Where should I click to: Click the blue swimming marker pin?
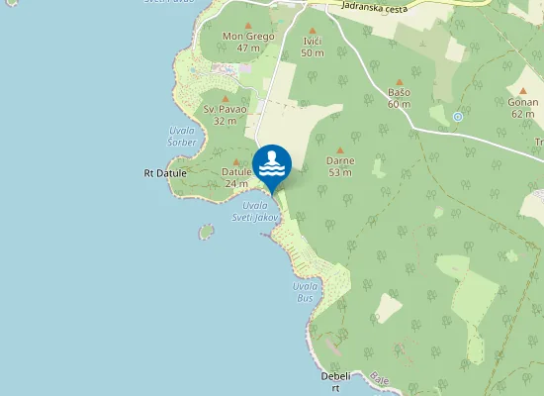coord(271,165)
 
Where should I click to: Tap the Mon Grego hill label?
coord(247,42)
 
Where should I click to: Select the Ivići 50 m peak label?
coord(313,47)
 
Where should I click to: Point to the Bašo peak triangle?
coord(400,83)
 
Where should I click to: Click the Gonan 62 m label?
coord(523,108)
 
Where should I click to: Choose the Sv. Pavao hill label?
coord(226,114)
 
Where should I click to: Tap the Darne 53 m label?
coord(340,165)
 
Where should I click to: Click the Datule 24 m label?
coord(236,176)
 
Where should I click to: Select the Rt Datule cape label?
coord(163,173)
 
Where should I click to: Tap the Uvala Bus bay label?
coord(305,291)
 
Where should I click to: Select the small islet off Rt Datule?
coord(206,232)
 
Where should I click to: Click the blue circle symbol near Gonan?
coord(457,117)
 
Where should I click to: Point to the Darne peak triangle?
coord(340,149)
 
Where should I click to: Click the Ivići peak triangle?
coord(313,32)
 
